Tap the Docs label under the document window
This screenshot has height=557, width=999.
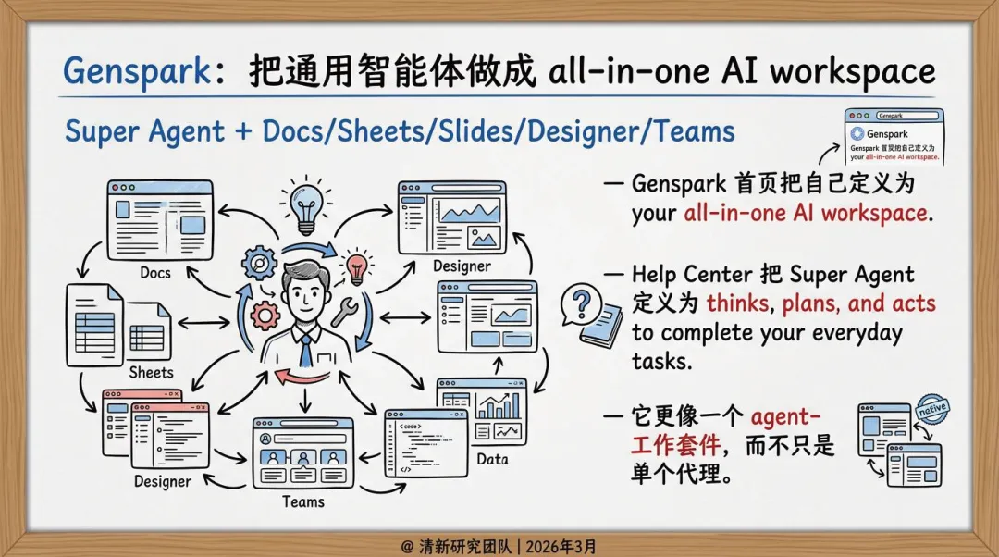155,273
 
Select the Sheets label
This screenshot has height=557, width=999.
151,372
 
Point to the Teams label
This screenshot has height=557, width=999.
302,501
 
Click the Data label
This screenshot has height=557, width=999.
492,459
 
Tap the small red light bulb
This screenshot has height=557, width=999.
356,267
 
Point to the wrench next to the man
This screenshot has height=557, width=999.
344,311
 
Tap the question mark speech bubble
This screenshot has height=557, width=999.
582,303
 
